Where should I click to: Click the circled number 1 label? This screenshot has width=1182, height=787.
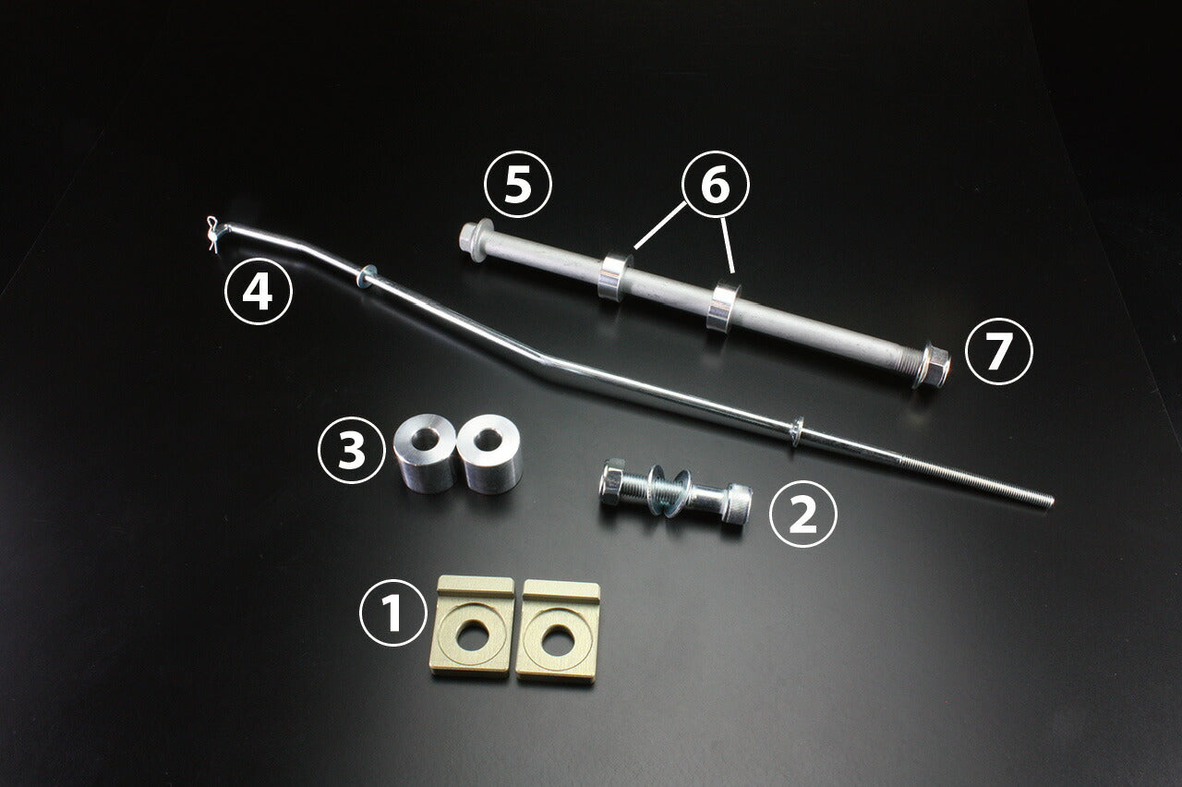[392, 613]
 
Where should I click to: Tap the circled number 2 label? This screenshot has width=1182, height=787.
[803, 514]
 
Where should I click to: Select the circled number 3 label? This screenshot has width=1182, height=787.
[352, 450]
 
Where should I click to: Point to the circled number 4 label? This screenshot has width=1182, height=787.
[258, 291]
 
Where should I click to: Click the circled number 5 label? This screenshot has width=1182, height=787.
[518, 184]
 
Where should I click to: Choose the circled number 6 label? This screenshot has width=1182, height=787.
[716, 184]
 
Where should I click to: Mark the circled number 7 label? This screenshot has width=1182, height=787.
[998, 351]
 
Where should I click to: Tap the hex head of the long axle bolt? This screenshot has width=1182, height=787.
[473, 237]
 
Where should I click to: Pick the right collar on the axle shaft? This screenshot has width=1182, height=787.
[724, 308]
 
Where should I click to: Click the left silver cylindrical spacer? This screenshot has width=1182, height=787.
[425, 453]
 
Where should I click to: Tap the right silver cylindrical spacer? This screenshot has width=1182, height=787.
[489, 454]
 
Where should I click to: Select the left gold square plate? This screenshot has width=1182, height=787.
[472, 625]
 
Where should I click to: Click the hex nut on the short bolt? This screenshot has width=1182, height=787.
[613, 482]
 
